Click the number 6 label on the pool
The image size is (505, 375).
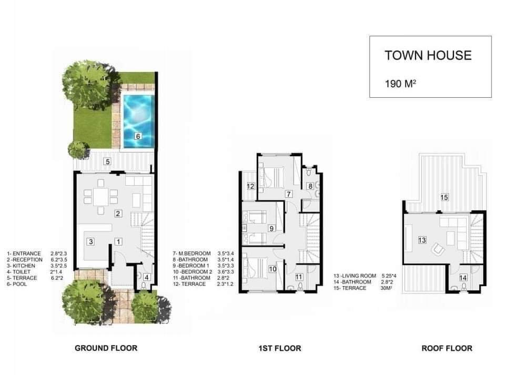tap(138, 136)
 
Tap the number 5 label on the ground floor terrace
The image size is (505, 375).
tap(108, 161)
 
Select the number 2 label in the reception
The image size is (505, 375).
tap(118, 214)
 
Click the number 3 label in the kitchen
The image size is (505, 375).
tap(91, 241)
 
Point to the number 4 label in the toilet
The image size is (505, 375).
tap(147, 277)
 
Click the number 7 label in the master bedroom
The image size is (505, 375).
tap(289, 194)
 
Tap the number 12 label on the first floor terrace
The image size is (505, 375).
tap(250, 186)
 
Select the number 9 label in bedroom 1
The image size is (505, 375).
tap(271, 228)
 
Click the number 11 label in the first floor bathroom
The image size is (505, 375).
tap(299, 277)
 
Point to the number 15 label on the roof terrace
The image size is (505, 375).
tap(445, 197)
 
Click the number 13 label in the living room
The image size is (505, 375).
tap(422, 240)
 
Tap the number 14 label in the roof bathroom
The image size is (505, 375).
tap(463, 278)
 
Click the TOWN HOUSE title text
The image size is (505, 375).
tap(428, 55)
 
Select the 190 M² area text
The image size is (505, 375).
tap(401, 84)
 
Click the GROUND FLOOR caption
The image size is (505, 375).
tap(106, 348)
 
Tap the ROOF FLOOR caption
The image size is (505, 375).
tap(447, 348)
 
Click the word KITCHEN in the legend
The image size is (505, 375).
tap(24, 266)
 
